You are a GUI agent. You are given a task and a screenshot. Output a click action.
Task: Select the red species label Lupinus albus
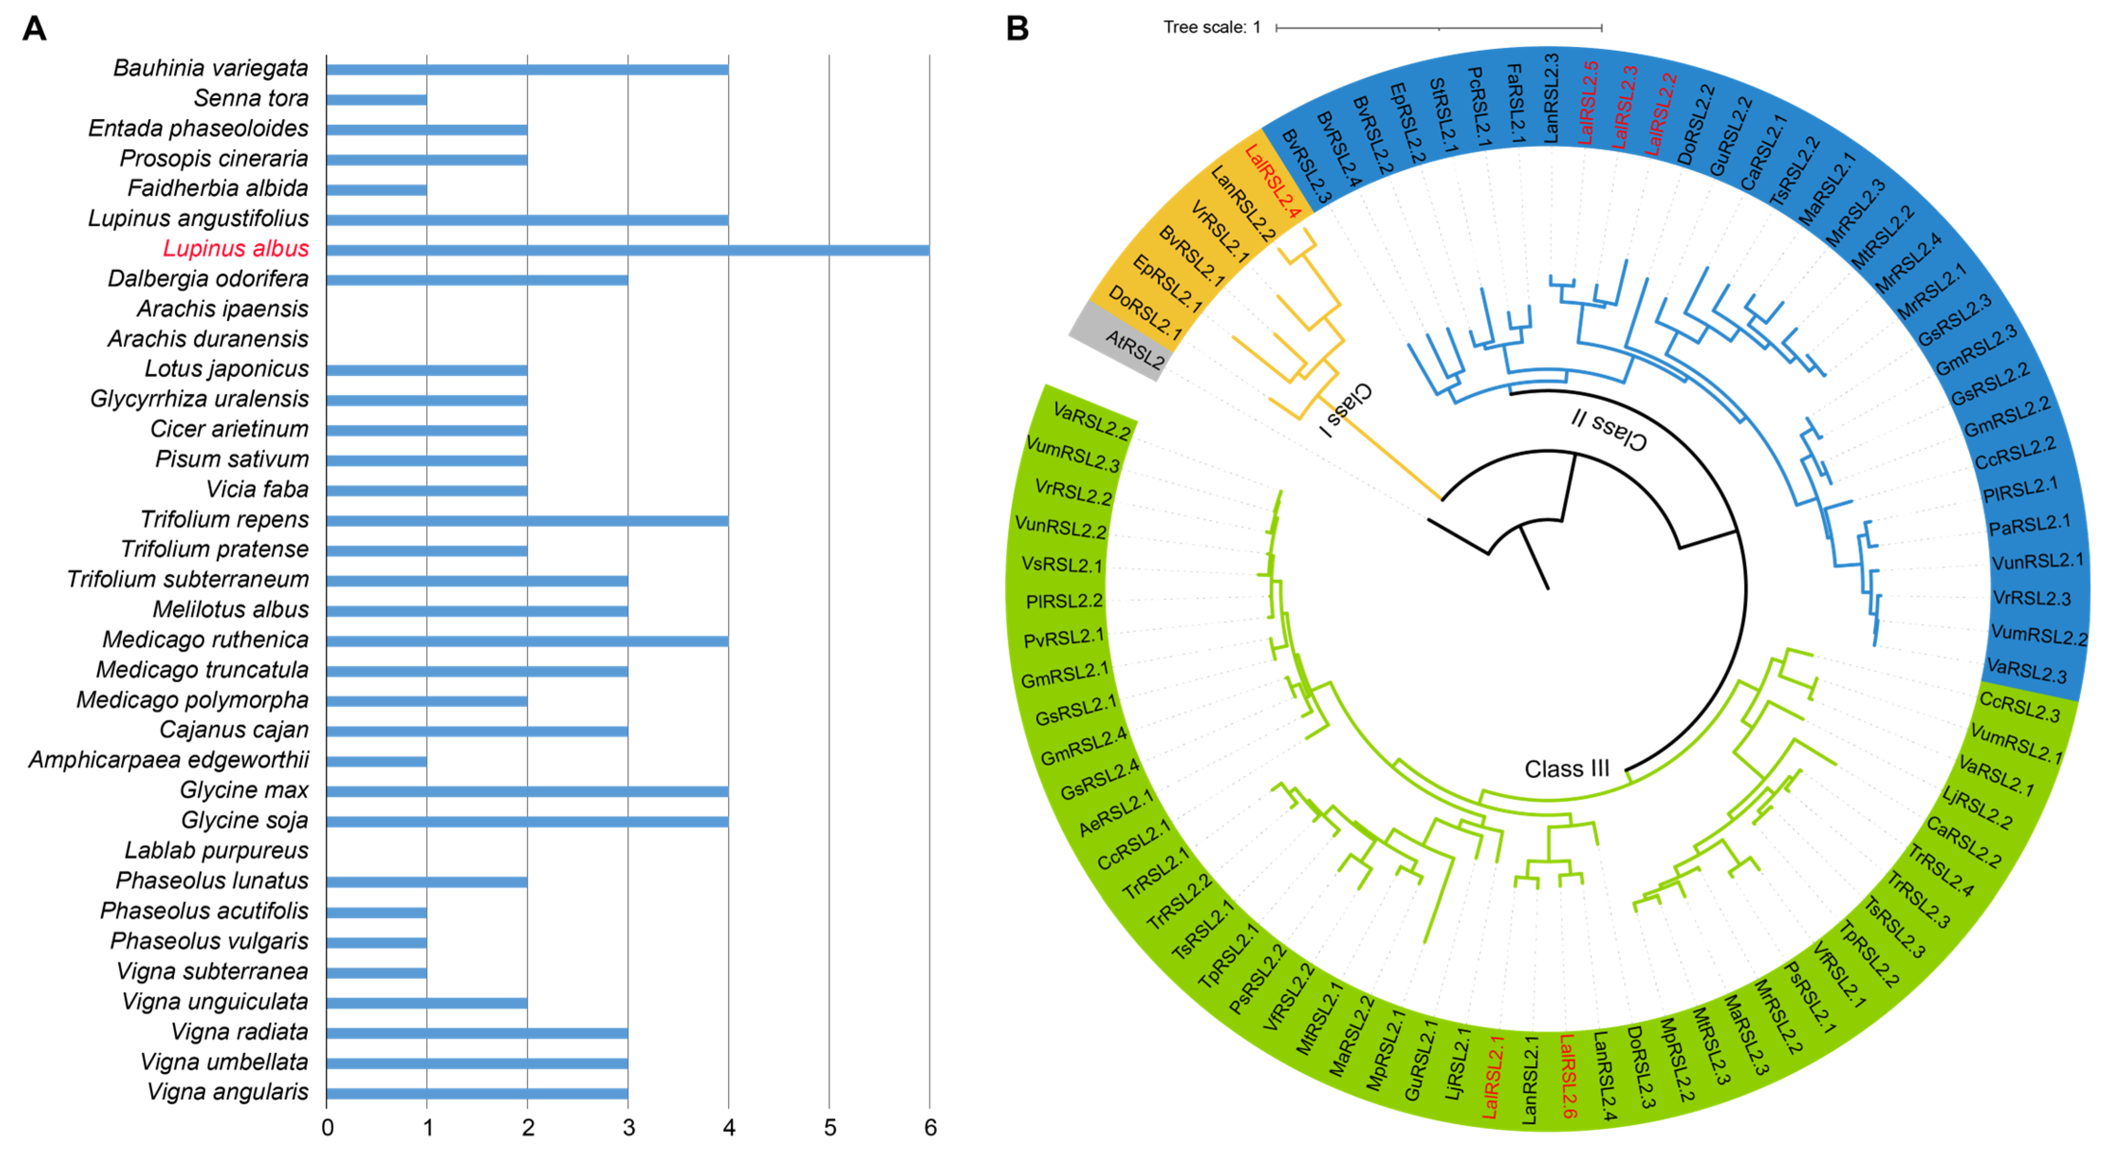pyautogui.click(x=236, y=248)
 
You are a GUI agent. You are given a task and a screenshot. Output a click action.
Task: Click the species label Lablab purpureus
pyautogui.click(x=216, y=850)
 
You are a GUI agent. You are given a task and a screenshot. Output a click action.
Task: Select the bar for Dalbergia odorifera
pyautogui.click(x=477, y=280)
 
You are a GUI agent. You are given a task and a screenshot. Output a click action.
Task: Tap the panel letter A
pyautogui.click(x=34, y=28)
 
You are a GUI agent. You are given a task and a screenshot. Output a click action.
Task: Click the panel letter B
pyautogui.click(x=1017, y=28)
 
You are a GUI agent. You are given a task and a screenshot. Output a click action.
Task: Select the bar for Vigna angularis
pyautogui.click(x=477, y=1093)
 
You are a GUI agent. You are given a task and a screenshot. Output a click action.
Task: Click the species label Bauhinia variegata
pyautogui.click(x=211, y=68)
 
